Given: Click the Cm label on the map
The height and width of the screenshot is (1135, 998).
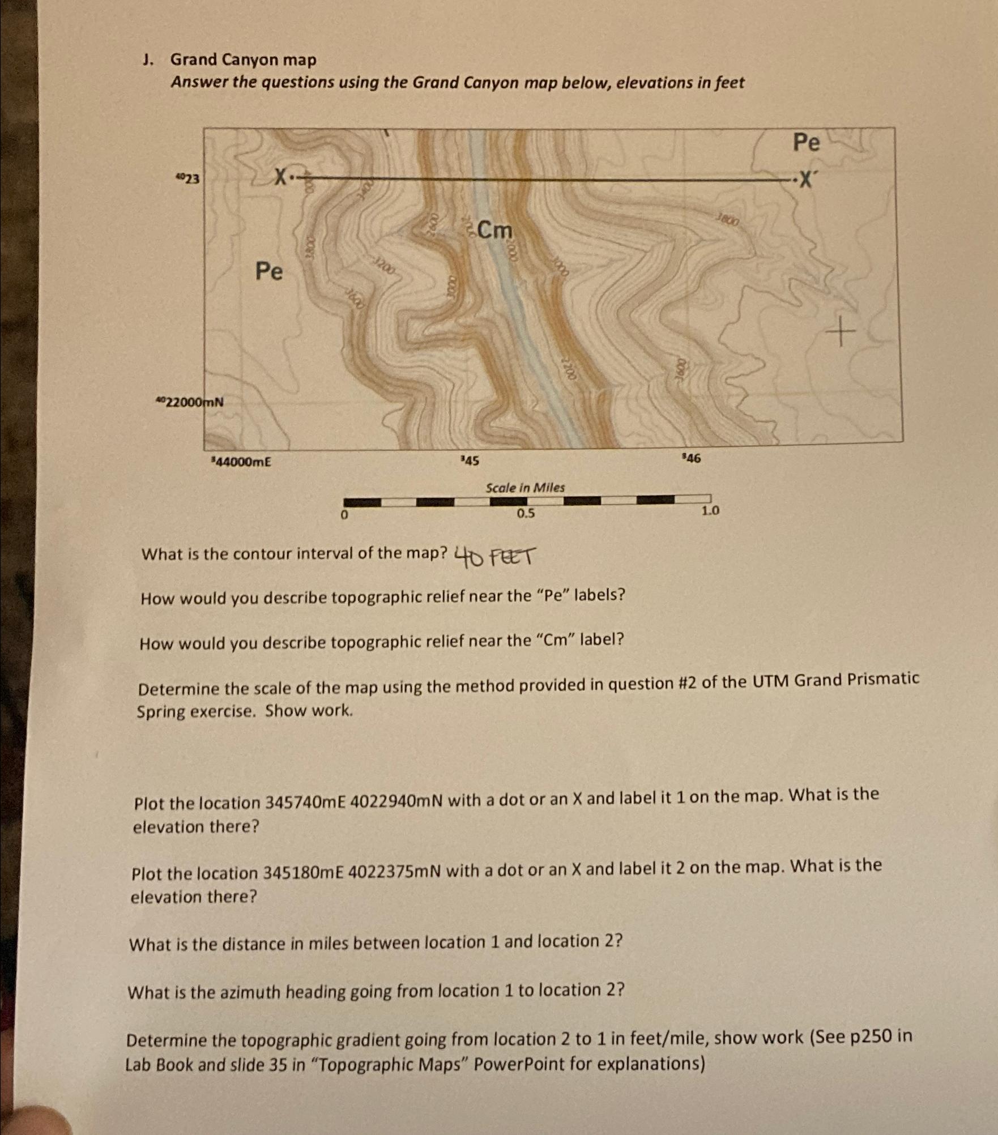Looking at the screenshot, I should [494, 231].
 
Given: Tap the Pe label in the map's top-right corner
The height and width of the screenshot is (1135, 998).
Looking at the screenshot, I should [806, 143].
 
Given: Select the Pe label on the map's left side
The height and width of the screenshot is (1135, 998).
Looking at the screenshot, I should [268, 271].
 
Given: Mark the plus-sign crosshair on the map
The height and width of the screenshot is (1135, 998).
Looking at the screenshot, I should [841, 332].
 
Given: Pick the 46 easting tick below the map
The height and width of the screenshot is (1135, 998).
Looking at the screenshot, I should [692, 458].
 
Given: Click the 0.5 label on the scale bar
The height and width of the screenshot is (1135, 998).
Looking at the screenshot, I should [525, 514].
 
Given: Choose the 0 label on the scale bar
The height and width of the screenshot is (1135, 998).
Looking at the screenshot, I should [344, 515].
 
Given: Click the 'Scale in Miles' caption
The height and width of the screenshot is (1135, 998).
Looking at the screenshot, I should [525, 488].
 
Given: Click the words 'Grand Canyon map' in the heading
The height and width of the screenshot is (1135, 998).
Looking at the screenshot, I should [244, 60].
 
